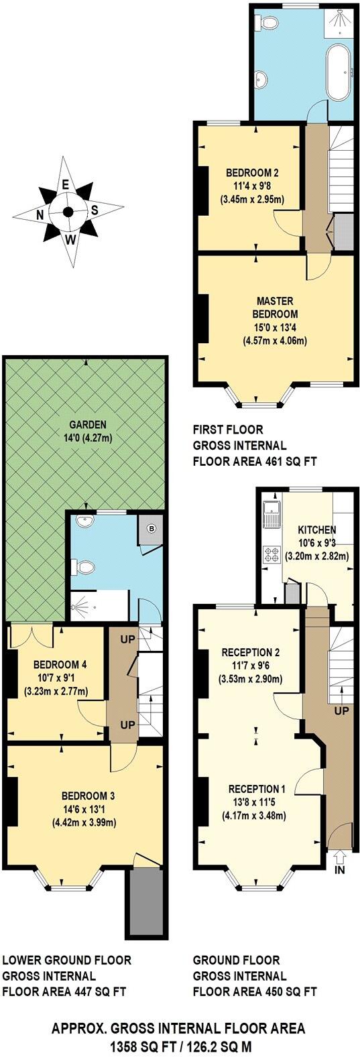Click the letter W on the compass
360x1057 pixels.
(70, 238)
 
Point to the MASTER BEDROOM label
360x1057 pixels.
(274, 307)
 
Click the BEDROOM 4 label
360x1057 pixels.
(56, 665)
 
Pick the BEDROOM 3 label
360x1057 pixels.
(88, 796)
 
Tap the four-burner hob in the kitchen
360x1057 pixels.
(274, 554)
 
